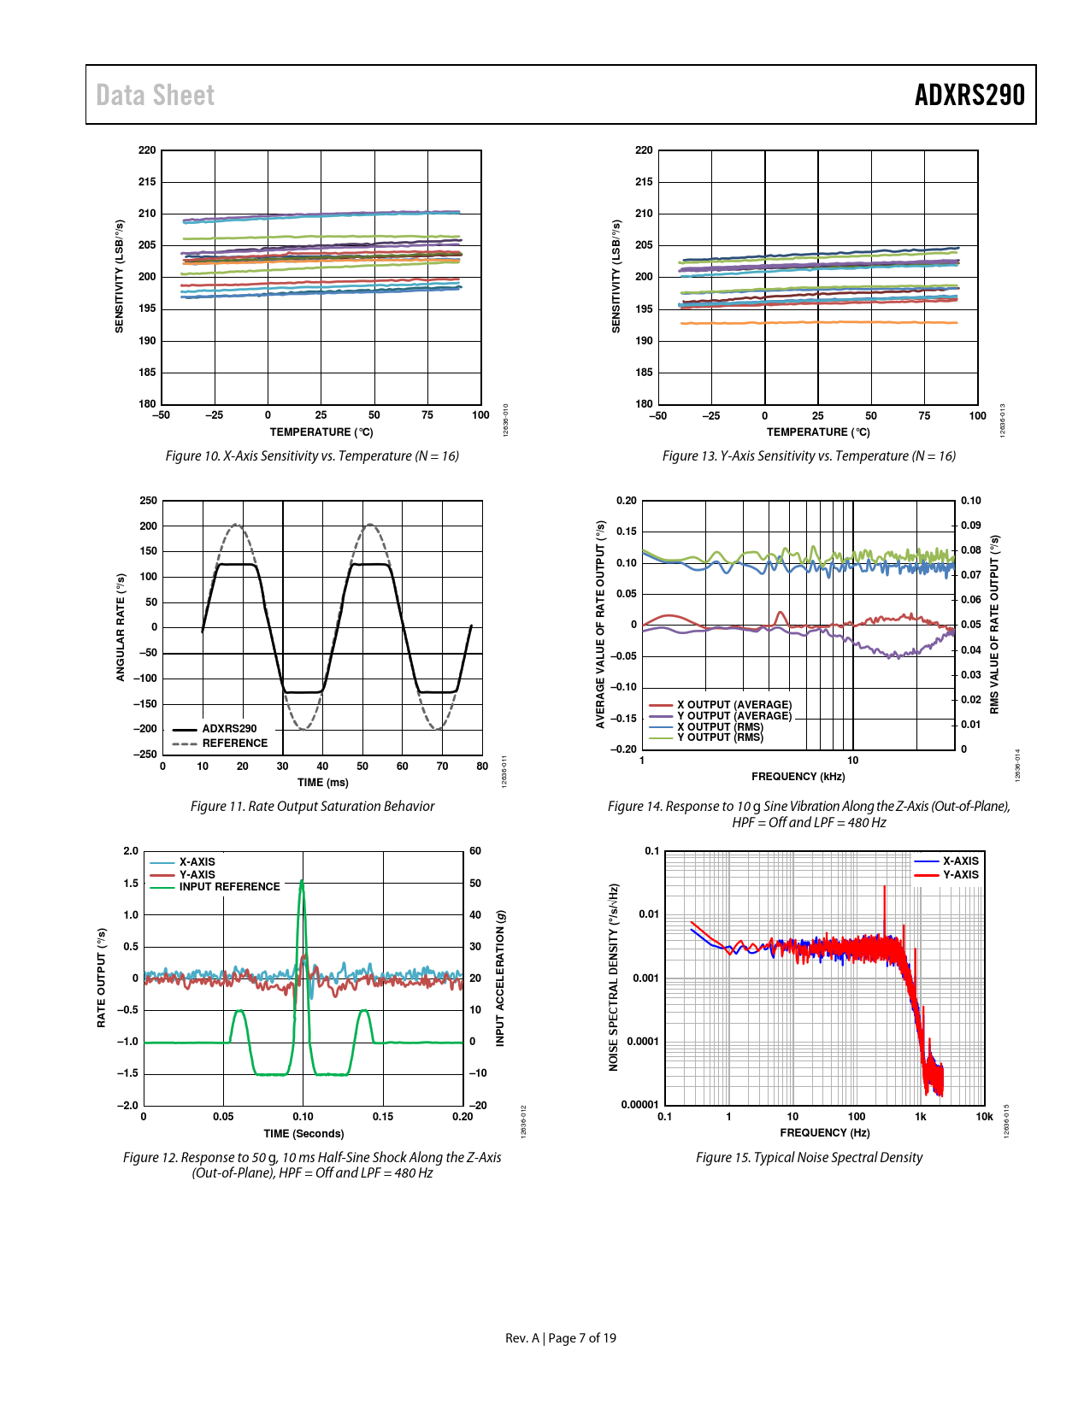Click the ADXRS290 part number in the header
click(x=969, y=95)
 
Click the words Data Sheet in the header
click(x=155, y=95)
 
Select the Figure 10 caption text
click(x=312, y=456)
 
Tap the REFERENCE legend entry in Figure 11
click(x=234, y=743)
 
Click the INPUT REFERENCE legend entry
click(x=229, y=887)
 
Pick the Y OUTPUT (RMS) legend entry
click(x=720, y=737)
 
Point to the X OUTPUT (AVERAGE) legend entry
click(x=734, y=705)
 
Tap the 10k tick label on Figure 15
click(x=984, y=1116)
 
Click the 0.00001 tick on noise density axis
click(x=639, y=1105)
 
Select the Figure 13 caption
click(x=809, y=456)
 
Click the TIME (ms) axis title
click(x=322, y=783)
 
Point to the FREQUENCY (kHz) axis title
click(x=798, y=777)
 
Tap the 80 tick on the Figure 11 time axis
click(x=482, y=767)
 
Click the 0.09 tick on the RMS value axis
click(x=970, y=526)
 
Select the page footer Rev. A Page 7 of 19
click(x=560, y=1338)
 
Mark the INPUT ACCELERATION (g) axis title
click(x=500, y=978)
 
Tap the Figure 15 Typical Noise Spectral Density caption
click(x=809, y=1158)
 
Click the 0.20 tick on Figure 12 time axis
click(x=463, y=1117)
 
